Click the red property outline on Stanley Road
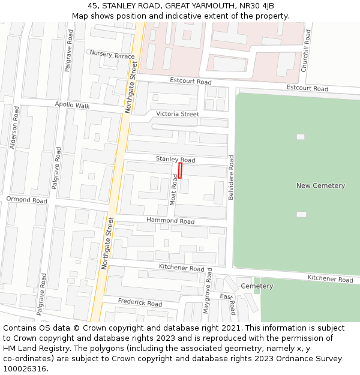[180, 170]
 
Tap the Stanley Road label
[175, 160]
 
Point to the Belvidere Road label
[231, 178]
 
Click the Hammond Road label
[170, 221]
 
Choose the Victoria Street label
[177, 114]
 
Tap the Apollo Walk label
[72, 106]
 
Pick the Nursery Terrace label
[112, 55]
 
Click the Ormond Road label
[26, 199]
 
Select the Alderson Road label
[15, 127]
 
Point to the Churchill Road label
[306, 52]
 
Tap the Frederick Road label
[140, 302]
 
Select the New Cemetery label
[320, 185]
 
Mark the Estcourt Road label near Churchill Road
[307, 88]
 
